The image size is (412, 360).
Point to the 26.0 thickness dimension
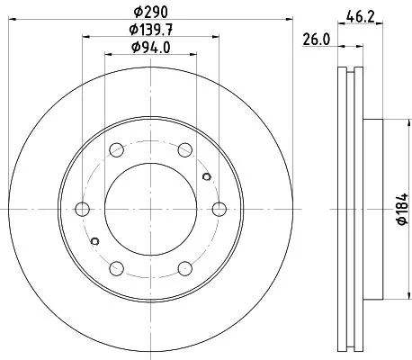coord(315,40)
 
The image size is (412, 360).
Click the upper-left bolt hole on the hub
coord(116,150)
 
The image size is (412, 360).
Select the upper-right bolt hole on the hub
coord(185,150)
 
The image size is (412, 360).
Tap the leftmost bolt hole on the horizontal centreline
coord(82,209)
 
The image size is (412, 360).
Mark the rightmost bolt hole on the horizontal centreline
coord(219,209)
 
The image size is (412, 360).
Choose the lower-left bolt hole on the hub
coord(116,268)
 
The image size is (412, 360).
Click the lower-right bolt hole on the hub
coord(185,268)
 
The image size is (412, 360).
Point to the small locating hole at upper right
coord(208,176)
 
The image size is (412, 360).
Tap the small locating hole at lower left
coord(94,241)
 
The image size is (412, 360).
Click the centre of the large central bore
coord(151,209)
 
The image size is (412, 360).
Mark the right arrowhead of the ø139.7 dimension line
coord(217,37)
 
